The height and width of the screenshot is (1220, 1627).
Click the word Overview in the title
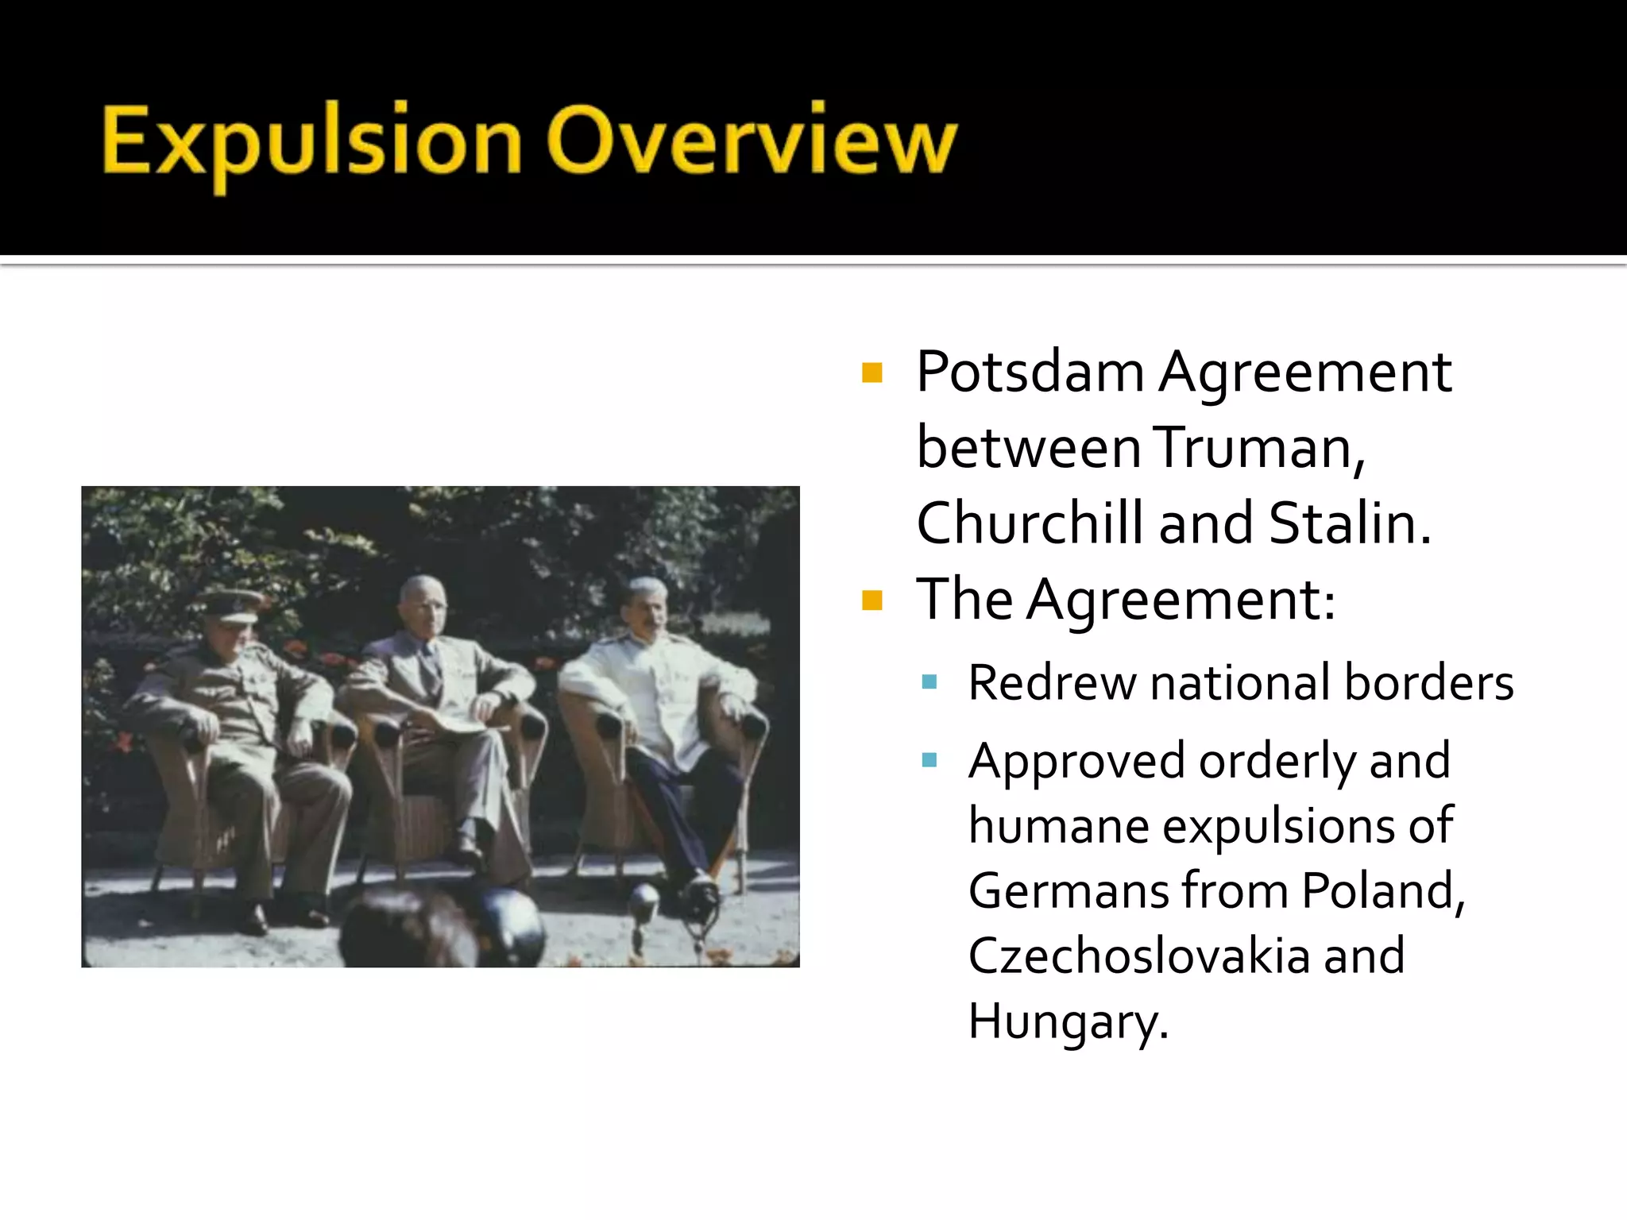pyautogui.click(x=752, y=141)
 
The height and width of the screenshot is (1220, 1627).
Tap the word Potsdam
pyautogui.click(x=1030, y=373)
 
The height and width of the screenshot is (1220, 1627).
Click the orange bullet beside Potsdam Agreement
pyautogui.click(x=872, y=373)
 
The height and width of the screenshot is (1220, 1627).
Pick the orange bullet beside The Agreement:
pyautogui.click(x=872, y=600)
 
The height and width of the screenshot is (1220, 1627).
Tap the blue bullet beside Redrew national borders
pyautogui.click(x=929, y=682)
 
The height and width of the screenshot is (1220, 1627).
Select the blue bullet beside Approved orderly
pyautogui.click(x=929, y=761)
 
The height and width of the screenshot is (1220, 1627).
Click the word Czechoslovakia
pyautogui.click(x=1138, y=956)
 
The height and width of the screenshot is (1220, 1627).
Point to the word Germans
pyautogui.click(x=1068, y=890)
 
